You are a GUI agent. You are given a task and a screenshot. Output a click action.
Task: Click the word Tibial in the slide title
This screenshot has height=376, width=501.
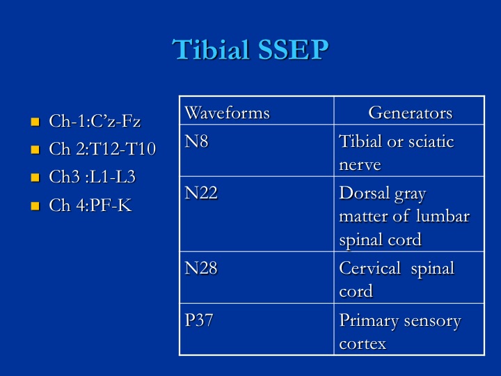click(211, 49)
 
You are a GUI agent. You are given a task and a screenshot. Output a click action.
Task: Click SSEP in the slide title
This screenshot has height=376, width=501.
click(294, 49)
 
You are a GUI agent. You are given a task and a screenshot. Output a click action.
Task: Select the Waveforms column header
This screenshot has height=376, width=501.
click(227, 113)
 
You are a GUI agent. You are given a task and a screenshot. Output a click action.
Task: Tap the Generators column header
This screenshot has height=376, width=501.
click(411, 113)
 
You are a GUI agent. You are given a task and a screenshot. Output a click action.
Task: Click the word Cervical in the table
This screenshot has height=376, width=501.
click(369, 268)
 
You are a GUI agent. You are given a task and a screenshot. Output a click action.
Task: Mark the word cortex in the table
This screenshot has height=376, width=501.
click(363, 344)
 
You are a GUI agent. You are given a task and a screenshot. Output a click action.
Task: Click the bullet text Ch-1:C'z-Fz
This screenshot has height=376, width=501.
click(95, 121)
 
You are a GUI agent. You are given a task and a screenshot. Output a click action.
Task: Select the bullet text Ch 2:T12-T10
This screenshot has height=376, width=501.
click(102, 149)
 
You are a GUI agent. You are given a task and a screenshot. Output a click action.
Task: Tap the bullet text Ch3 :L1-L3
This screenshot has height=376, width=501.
click(93, 177)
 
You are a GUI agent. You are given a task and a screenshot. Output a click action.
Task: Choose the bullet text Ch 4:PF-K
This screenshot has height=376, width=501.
click(90, 205)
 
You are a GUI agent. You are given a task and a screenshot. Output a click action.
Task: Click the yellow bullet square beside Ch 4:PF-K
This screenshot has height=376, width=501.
click(35, 205)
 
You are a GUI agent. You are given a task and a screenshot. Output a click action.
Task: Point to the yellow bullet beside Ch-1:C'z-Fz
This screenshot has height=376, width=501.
click(35, 122)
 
